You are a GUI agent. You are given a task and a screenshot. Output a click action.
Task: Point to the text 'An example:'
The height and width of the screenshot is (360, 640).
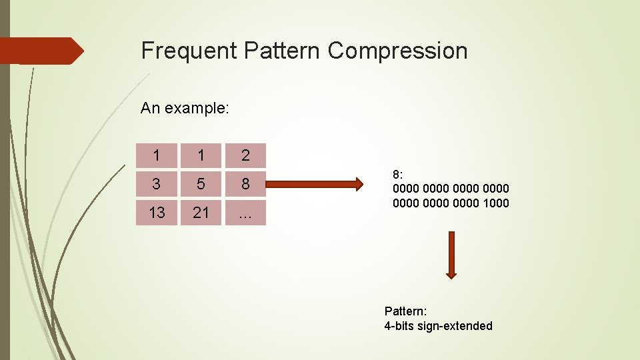point(185,108)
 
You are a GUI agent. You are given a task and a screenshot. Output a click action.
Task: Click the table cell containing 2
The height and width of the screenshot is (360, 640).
point(245,155)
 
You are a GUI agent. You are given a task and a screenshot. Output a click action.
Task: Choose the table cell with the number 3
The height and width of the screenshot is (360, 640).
point(157,184)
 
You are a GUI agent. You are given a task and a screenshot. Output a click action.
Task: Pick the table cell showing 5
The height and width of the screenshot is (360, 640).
point(201,184)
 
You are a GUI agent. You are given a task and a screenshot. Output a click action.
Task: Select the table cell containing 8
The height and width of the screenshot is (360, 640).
point(245,184)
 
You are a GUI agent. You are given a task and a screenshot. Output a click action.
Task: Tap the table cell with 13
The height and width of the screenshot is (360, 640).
point(157,213)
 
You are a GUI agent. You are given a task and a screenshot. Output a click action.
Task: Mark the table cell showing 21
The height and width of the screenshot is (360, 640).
point(201,213)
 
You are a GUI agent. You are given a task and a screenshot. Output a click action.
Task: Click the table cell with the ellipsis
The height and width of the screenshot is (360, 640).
point(245,213)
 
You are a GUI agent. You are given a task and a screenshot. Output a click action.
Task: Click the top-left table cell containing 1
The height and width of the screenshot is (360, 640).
point(157,155)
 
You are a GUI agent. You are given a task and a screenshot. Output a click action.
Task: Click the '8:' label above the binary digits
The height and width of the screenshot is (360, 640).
point(398,175)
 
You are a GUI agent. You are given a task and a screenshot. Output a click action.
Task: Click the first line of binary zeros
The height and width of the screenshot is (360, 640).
point(451,189)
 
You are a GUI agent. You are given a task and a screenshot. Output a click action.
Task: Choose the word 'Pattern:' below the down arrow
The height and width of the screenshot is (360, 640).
point(405,311)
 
